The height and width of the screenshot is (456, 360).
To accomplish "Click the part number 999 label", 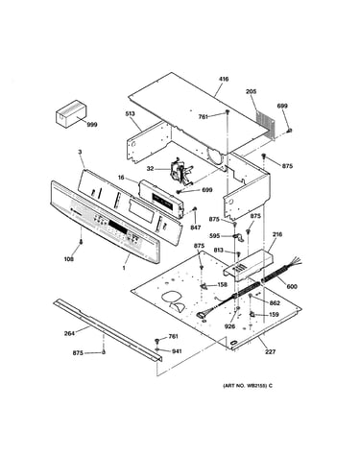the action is coord(92,125).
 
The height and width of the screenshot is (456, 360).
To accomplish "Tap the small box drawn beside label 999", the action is coord(71,114).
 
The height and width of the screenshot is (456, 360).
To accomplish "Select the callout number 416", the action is coord(224,79).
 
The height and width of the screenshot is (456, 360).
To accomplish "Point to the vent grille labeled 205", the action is coord(265,124).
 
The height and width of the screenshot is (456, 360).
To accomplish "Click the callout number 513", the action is coord(131,113).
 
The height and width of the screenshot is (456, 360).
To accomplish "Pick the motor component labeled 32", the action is coord(180,171).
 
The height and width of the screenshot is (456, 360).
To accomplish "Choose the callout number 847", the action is coord(196,228).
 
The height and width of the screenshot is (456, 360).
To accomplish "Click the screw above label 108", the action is coord(82,242).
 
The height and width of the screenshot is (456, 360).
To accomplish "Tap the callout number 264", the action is coord(69,333).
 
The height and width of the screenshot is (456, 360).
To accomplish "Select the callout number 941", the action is coord(177,351).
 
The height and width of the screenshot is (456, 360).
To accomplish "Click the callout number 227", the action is coord(270,352).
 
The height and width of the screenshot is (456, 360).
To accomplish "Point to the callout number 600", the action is coord(292,286).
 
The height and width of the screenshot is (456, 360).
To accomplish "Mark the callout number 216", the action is coord(277,234).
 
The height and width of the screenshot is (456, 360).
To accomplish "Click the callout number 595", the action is coord(214,236).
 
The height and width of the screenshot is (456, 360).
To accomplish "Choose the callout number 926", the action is coord(229,326).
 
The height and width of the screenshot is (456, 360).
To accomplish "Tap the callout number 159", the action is coord(274,315).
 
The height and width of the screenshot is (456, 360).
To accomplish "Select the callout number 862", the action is coord(275,303).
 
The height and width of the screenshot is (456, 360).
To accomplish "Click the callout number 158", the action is coord(223,284).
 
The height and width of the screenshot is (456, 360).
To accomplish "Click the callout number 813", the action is coord(218,251).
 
